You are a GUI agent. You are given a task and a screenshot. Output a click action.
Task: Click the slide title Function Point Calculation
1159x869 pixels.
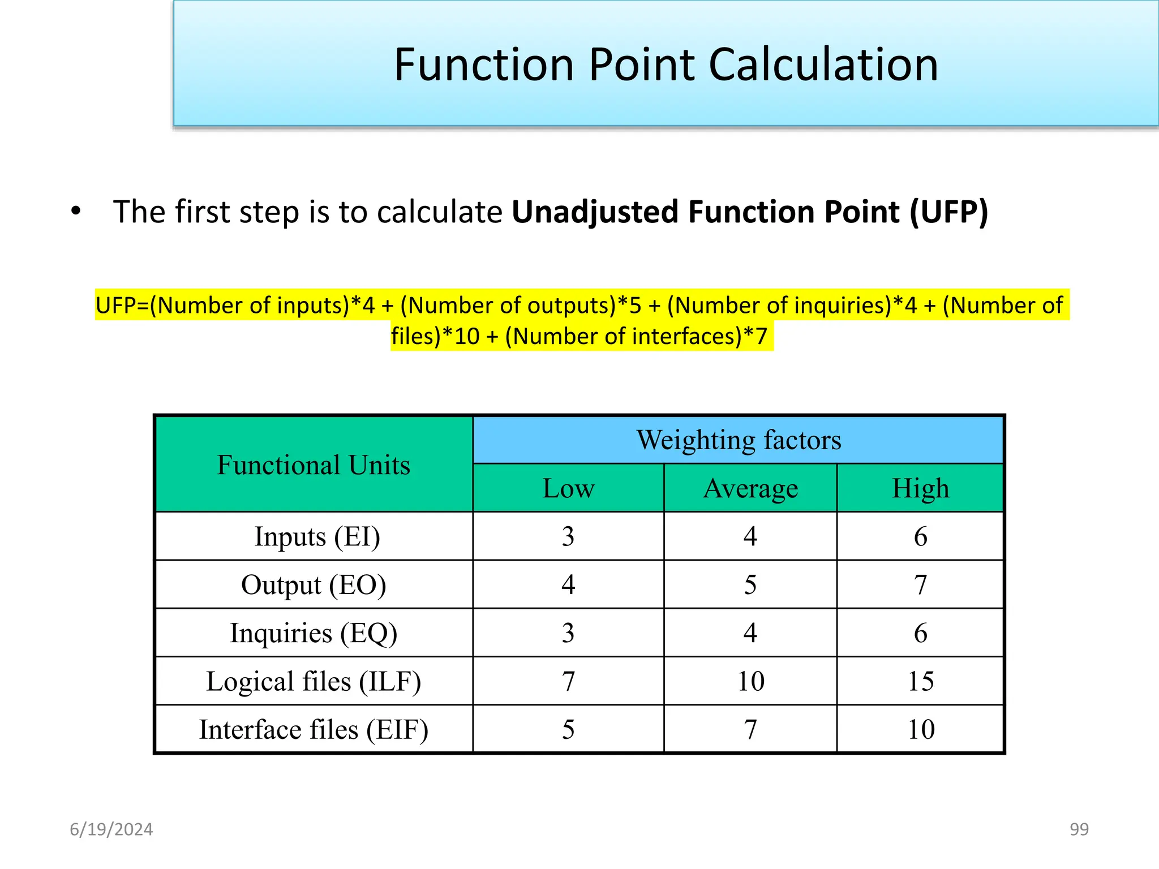[666, 64]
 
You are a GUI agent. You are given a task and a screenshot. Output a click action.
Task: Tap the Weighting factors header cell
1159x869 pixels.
[739, 440]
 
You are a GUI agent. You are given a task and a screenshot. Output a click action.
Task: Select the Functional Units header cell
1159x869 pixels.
[314, 465]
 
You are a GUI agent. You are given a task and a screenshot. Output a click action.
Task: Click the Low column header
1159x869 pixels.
[568, 488]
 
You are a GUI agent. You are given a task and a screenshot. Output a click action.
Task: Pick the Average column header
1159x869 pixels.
[750, 488]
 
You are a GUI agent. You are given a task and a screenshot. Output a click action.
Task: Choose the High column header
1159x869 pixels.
[921, 488]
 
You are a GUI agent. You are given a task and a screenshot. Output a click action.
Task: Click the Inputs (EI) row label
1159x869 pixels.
[317, 536]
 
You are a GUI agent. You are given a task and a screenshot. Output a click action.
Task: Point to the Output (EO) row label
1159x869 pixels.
[314, 585]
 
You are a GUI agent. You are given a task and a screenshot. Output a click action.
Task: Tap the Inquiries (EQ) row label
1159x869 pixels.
[314, 633]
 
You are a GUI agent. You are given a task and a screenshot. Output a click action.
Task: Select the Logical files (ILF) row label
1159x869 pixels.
[314, 681]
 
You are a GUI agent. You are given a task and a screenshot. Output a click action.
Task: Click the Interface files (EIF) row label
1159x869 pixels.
[314, 729]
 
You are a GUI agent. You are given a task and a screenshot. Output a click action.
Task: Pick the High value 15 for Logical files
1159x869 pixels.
[921, 681]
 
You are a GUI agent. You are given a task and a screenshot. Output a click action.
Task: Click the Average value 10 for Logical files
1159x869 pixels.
[750, 681]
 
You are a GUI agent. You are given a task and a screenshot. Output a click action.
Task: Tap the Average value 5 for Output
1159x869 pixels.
[750, 585]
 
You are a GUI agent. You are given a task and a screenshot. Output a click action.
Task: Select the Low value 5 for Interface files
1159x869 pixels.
[568, 729]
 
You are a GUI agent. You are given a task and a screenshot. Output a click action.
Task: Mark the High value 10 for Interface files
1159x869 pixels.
[921, 729]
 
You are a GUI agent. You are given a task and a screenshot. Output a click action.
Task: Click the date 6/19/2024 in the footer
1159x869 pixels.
[111, 829]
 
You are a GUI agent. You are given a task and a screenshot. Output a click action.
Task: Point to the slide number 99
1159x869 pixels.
[1079, 829]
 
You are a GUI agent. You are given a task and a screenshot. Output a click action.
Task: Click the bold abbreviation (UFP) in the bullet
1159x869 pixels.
[948, 212]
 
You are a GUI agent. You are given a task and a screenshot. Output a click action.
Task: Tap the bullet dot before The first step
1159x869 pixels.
[76, 212]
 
